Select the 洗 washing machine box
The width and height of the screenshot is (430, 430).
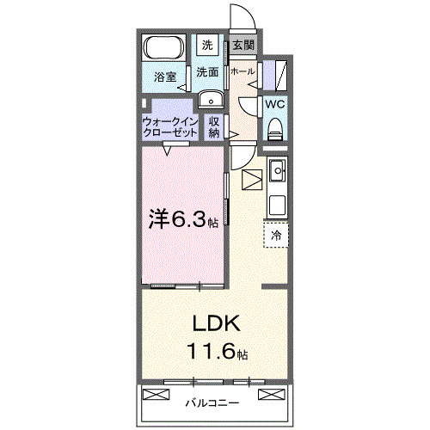click(207, 45)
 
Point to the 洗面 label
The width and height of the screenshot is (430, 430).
click(207, 72)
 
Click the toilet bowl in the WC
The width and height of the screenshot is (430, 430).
click(274, 129)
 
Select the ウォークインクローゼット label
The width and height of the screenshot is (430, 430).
click(170, 127)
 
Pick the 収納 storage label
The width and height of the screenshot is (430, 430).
click(214, 127)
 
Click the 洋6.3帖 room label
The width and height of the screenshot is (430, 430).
click(181, 219)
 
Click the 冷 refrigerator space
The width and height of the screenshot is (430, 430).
click(276, 234)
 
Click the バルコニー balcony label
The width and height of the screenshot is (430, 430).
click(212, 402)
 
